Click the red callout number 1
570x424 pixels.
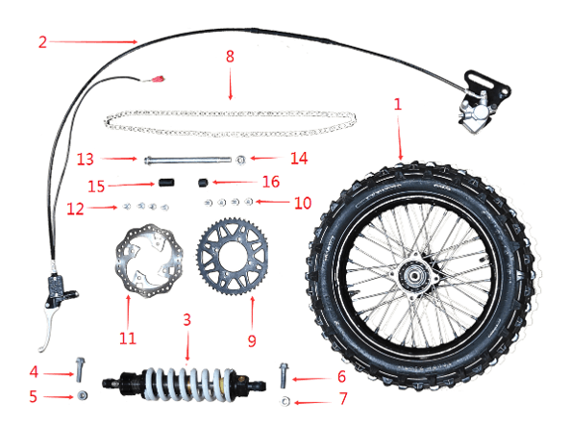tap(398, 101)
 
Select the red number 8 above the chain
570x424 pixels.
tap(230, 57)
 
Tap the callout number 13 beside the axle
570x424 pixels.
tap(87, 158)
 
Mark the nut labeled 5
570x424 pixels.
tap(83, 395)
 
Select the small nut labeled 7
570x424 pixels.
tap(285, 398)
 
